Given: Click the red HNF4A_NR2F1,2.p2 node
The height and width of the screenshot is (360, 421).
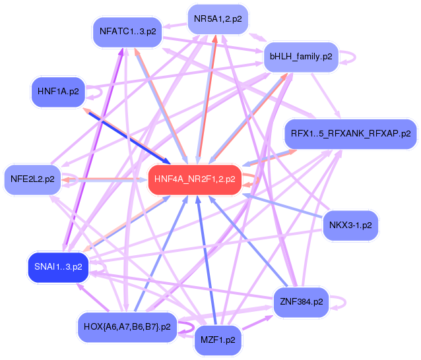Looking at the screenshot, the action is (x=194, y=179).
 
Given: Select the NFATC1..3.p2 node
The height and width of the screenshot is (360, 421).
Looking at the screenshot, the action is (x=127, y=31).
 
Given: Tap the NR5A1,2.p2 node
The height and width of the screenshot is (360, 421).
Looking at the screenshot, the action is (x=218, y=19).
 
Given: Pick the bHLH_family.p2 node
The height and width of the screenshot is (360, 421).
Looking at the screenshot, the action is (x=300, y=57).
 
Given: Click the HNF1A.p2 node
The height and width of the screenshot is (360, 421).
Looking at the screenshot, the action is (x=58, y=92).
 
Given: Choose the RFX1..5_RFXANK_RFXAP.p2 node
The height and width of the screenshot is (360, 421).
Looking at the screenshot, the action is (x=350, y=134).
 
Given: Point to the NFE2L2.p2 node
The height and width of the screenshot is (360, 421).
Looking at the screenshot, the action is (x=32, y=179).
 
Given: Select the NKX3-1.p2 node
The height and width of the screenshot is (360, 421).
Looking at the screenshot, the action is (x=350, y=225).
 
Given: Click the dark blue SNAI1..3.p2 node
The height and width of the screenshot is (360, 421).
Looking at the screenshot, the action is (x=58, y=267).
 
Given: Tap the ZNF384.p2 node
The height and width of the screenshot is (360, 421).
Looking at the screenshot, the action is (x=301, y=302).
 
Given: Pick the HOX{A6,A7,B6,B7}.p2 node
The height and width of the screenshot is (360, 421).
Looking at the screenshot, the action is (x=127, y=326).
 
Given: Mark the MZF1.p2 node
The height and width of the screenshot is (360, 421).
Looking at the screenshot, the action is (x=218, y=340).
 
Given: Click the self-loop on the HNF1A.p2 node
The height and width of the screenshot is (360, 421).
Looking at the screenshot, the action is (x=94, y=93).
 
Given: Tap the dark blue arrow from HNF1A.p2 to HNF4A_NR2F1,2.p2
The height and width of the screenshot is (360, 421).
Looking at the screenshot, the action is (x=125, y=131).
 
